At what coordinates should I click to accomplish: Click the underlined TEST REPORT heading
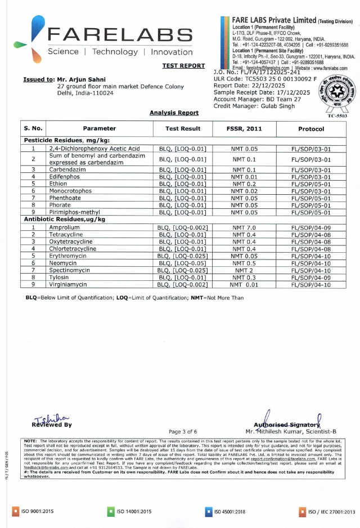tap(183, 66)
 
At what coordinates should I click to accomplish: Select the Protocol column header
tap(311, 128)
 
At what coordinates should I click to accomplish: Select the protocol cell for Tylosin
tap(311, 277)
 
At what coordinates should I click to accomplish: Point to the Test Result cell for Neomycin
tap(183, 263)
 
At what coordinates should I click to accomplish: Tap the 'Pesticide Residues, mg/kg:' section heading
tap(66, 140)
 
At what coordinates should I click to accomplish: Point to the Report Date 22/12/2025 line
tap(249, 86)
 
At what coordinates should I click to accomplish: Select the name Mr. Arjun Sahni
tap(82, 79)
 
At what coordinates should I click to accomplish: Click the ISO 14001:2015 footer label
tap(133, 511)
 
